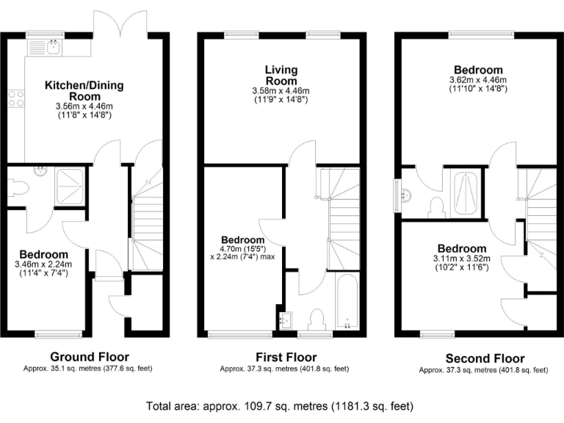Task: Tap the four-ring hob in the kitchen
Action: click(16, 98)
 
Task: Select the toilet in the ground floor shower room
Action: click(18, 189)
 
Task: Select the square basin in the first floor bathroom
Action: click(286, 321)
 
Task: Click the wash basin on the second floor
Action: click(405, 195)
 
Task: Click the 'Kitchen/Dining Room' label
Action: click(84, 91)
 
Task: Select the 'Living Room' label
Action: click(281, 75)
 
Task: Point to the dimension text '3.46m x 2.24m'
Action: click(40, 264)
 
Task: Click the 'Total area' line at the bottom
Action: click(281, 405)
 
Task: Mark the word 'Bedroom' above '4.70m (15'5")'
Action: click(243, 240)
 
